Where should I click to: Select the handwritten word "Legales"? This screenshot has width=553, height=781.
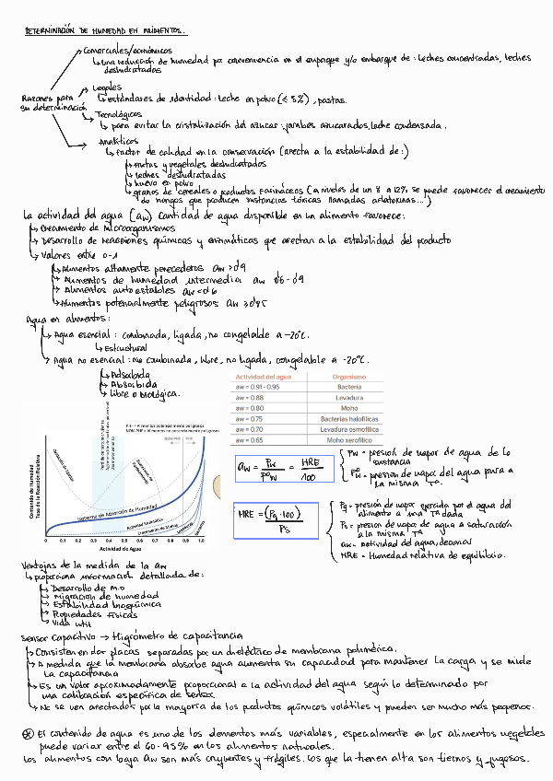(109, 87)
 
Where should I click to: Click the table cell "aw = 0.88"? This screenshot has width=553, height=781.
(253, 397)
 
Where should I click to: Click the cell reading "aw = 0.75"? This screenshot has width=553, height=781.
(253, 419)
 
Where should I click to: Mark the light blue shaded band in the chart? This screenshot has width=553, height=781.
(108, 479)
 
